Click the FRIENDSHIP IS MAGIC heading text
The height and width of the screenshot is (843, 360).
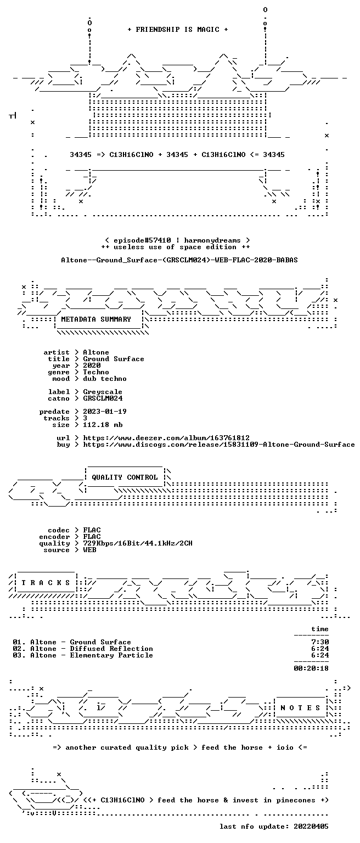(x=178, y=29)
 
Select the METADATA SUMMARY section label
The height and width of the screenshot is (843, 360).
(x=96, y=319)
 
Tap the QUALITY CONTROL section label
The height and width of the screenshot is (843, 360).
(x=125, y=477)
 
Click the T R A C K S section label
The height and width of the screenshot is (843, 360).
(x=46, y=582)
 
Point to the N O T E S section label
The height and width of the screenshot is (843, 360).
(x=300, y=708)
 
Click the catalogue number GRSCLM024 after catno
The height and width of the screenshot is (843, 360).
(x=103, y=398)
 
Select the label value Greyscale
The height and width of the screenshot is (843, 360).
(x=103, y=392)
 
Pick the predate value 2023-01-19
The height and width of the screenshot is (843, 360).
(x=105, y=411)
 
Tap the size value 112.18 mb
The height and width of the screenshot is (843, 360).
(x=103, y=424)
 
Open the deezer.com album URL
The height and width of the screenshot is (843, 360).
(x=166, y=437)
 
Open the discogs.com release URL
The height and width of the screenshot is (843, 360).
(x=219, y=445)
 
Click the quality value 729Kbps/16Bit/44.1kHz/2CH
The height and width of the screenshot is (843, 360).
(x=138, y=543)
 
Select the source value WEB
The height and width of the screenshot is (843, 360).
(x=89, y=550)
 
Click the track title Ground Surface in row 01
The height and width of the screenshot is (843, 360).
(x=100, y=642)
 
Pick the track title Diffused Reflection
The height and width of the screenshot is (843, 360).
(x=111, y=648)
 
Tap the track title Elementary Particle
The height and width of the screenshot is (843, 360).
(x=111, y=655)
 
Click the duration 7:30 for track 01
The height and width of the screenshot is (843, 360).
(x=320, y=642)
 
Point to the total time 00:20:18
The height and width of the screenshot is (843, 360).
(x=311, y=668)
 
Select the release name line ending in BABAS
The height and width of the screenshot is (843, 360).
(x=179, y=260)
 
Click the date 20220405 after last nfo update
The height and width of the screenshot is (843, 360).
(x=311, y=827)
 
